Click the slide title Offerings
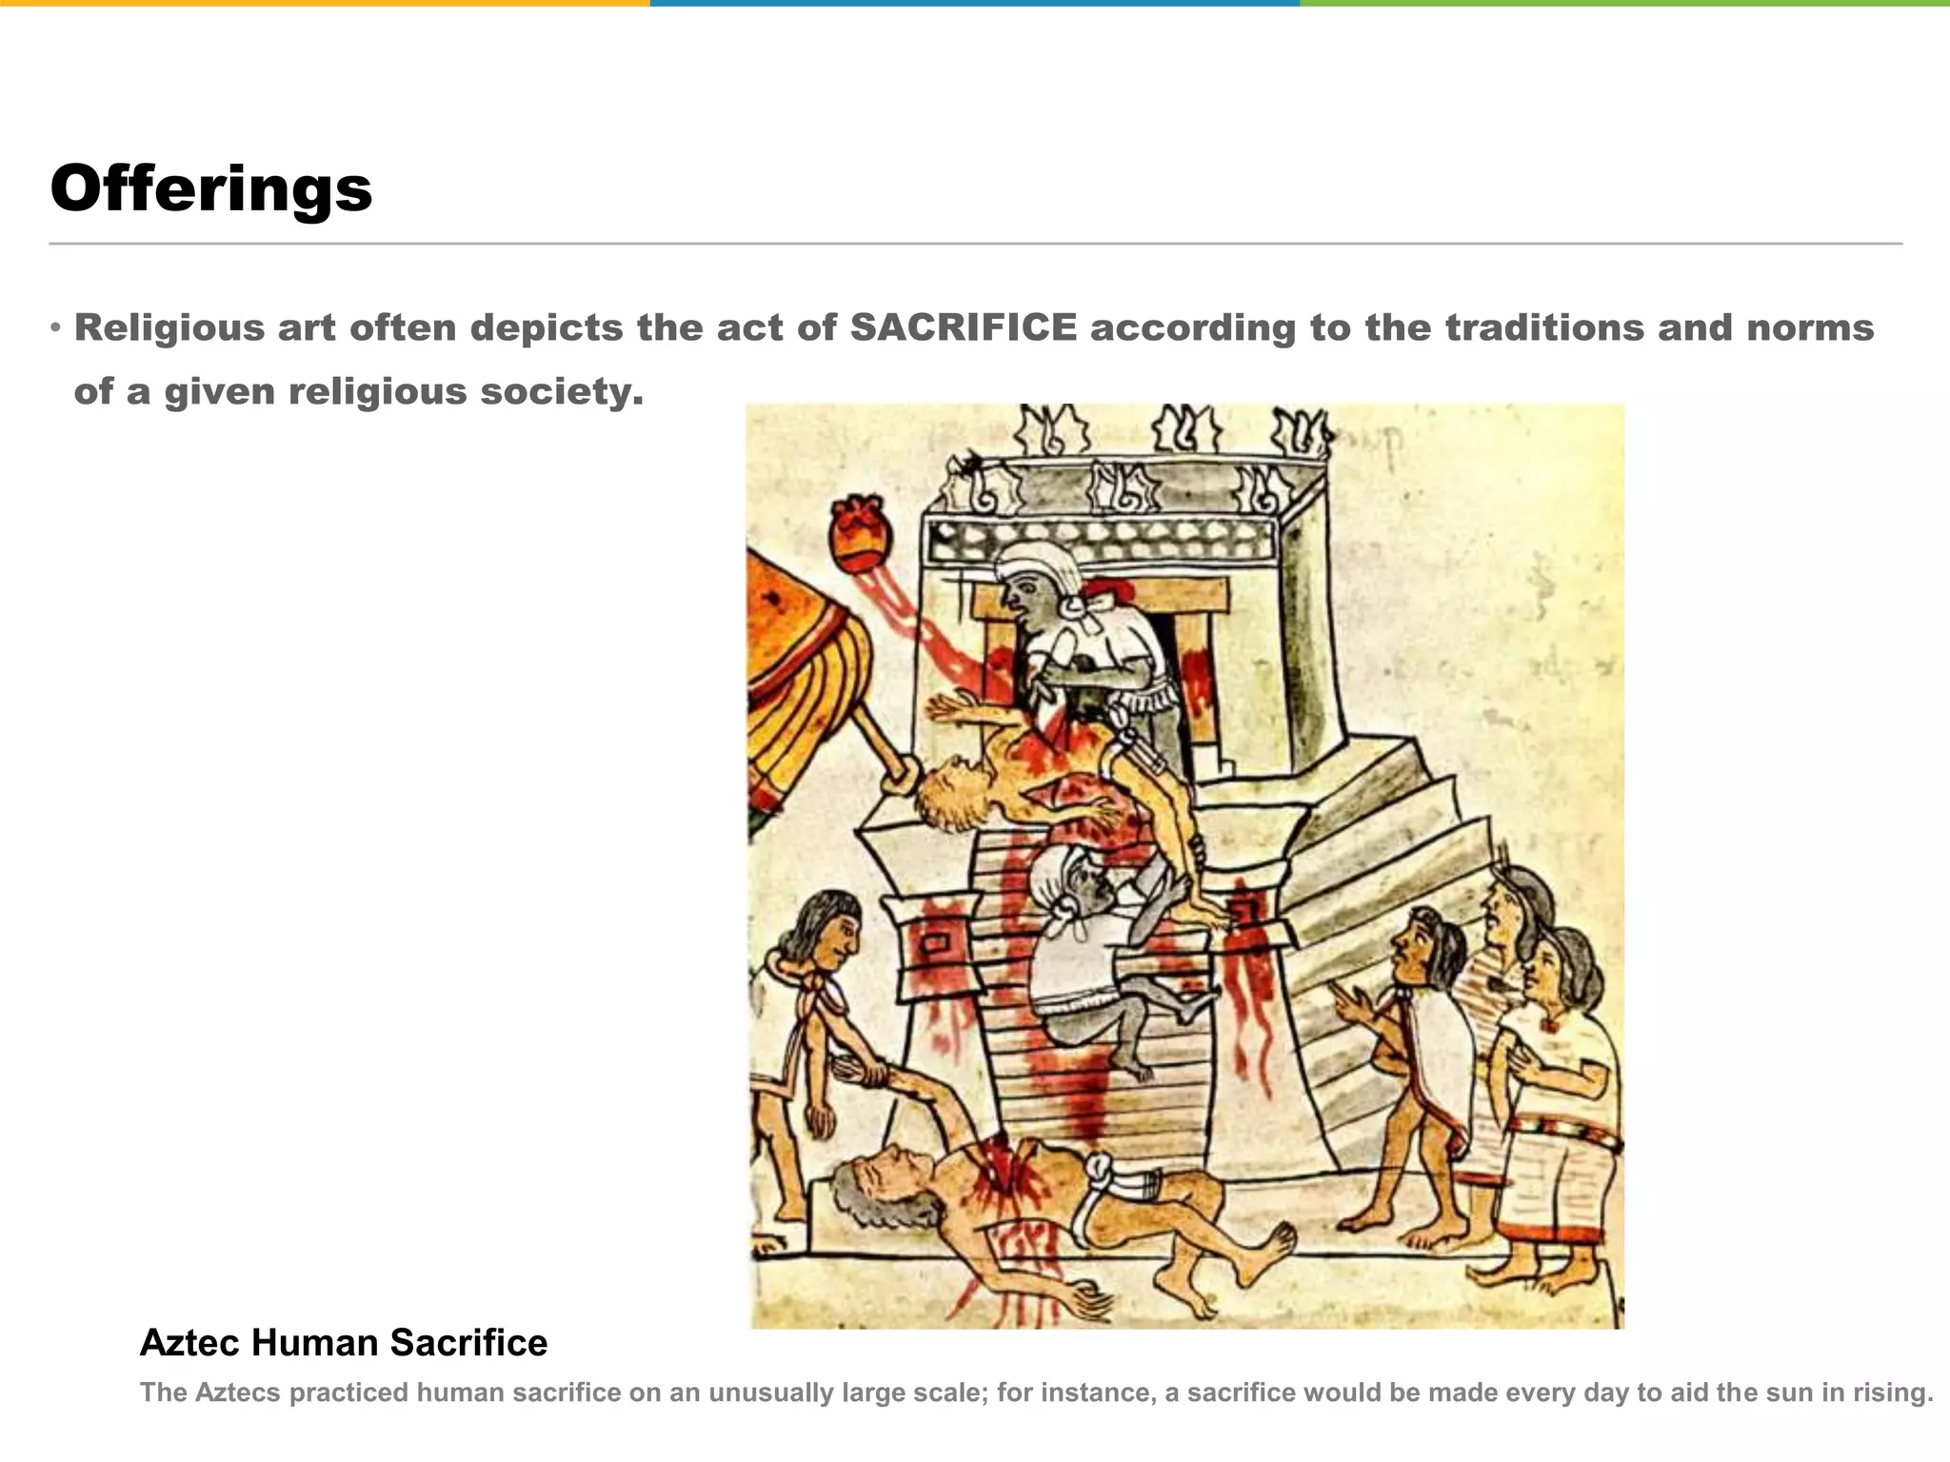point(210,188)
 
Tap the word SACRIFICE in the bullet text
point(963,327)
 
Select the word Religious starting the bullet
point(169,327)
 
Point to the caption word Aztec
point(189,1343)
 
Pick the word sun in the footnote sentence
point(1764,1393)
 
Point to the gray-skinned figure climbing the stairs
point(1085,952)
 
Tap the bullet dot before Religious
point(56,328)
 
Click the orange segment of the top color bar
point(324,3)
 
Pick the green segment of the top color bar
point(1624,3)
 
